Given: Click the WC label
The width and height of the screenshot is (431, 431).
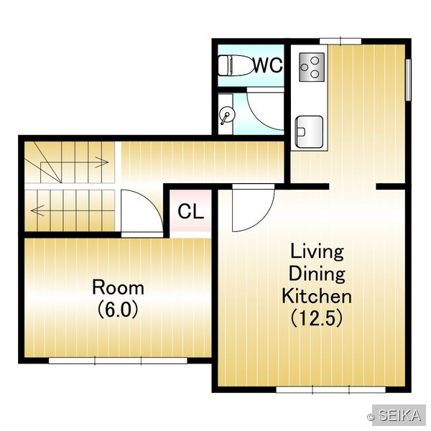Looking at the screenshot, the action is tap(268, 65).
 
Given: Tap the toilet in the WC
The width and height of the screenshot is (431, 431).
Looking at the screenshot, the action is tap(236, 65).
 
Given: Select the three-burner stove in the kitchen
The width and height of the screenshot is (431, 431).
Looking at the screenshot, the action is tap(312, 67).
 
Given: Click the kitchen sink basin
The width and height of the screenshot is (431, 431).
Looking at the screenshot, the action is tap(309, 131).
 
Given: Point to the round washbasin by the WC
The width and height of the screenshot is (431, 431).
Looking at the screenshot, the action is tap(228, 115).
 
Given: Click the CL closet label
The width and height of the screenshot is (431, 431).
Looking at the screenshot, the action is tap(191, 211).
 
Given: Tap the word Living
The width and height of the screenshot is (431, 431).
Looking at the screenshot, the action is tap(317, 252).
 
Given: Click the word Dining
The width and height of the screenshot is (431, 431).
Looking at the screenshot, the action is tap(317, 274).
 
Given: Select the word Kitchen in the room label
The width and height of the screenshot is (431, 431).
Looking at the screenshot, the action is tap(317, 296).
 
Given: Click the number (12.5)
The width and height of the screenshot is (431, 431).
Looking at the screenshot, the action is tap(317, 318).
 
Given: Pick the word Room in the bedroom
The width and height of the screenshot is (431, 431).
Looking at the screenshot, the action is tap(118, 287).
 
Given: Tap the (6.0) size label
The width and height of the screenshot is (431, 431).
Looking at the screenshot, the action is tap(118, 310).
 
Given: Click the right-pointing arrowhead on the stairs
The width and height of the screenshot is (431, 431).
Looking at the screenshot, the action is tap(103, 162).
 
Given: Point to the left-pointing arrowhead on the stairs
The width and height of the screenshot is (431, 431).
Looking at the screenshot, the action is tap(37, 210).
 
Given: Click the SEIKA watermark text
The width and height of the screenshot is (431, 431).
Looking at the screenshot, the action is tap(399, 415).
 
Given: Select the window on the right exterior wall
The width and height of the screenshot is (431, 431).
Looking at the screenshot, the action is tap(408, 80).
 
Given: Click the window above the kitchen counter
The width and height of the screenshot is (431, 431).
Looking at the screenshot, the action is tap(340, 41).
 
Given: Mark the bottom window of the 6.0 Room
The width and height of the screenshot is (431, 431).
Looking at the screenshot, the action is tap(118, 361).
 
